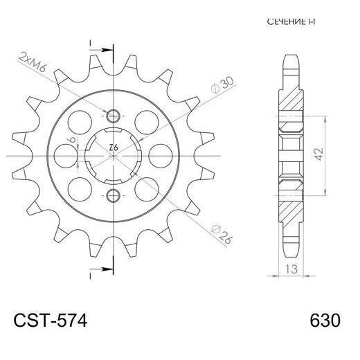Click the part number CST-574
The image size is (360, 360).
click(50, 321)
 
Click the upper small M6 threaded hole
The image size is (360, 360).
click(114, 114)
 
